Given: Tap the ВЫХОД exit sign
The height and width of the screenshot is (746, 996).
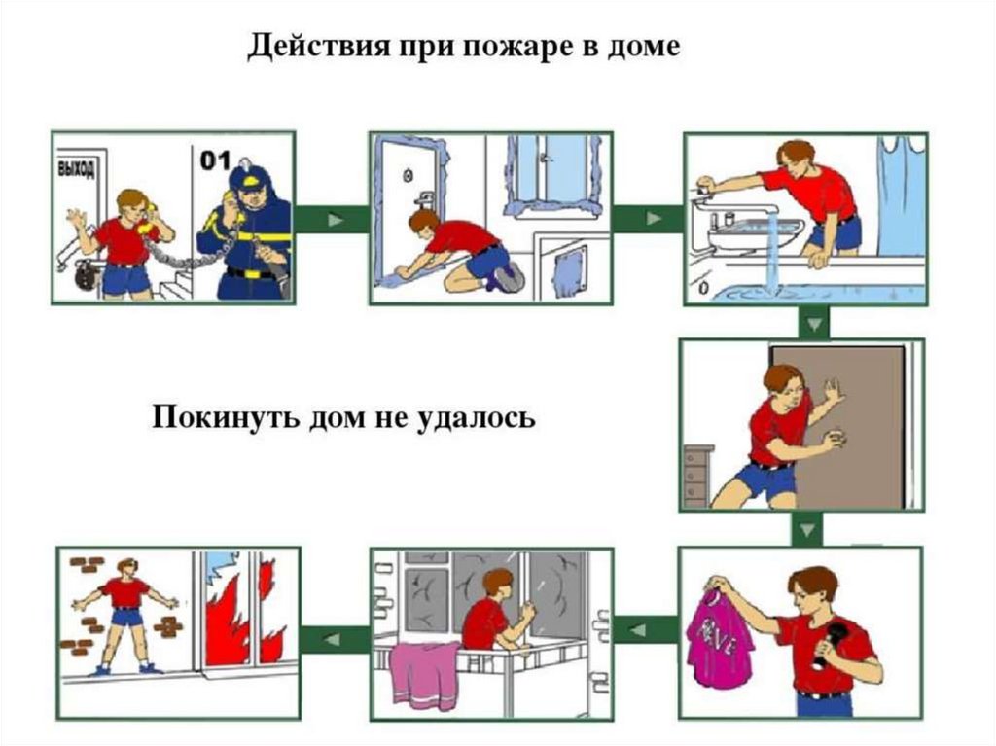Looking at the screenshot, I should pyautogui.click(x=77, y=169).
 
